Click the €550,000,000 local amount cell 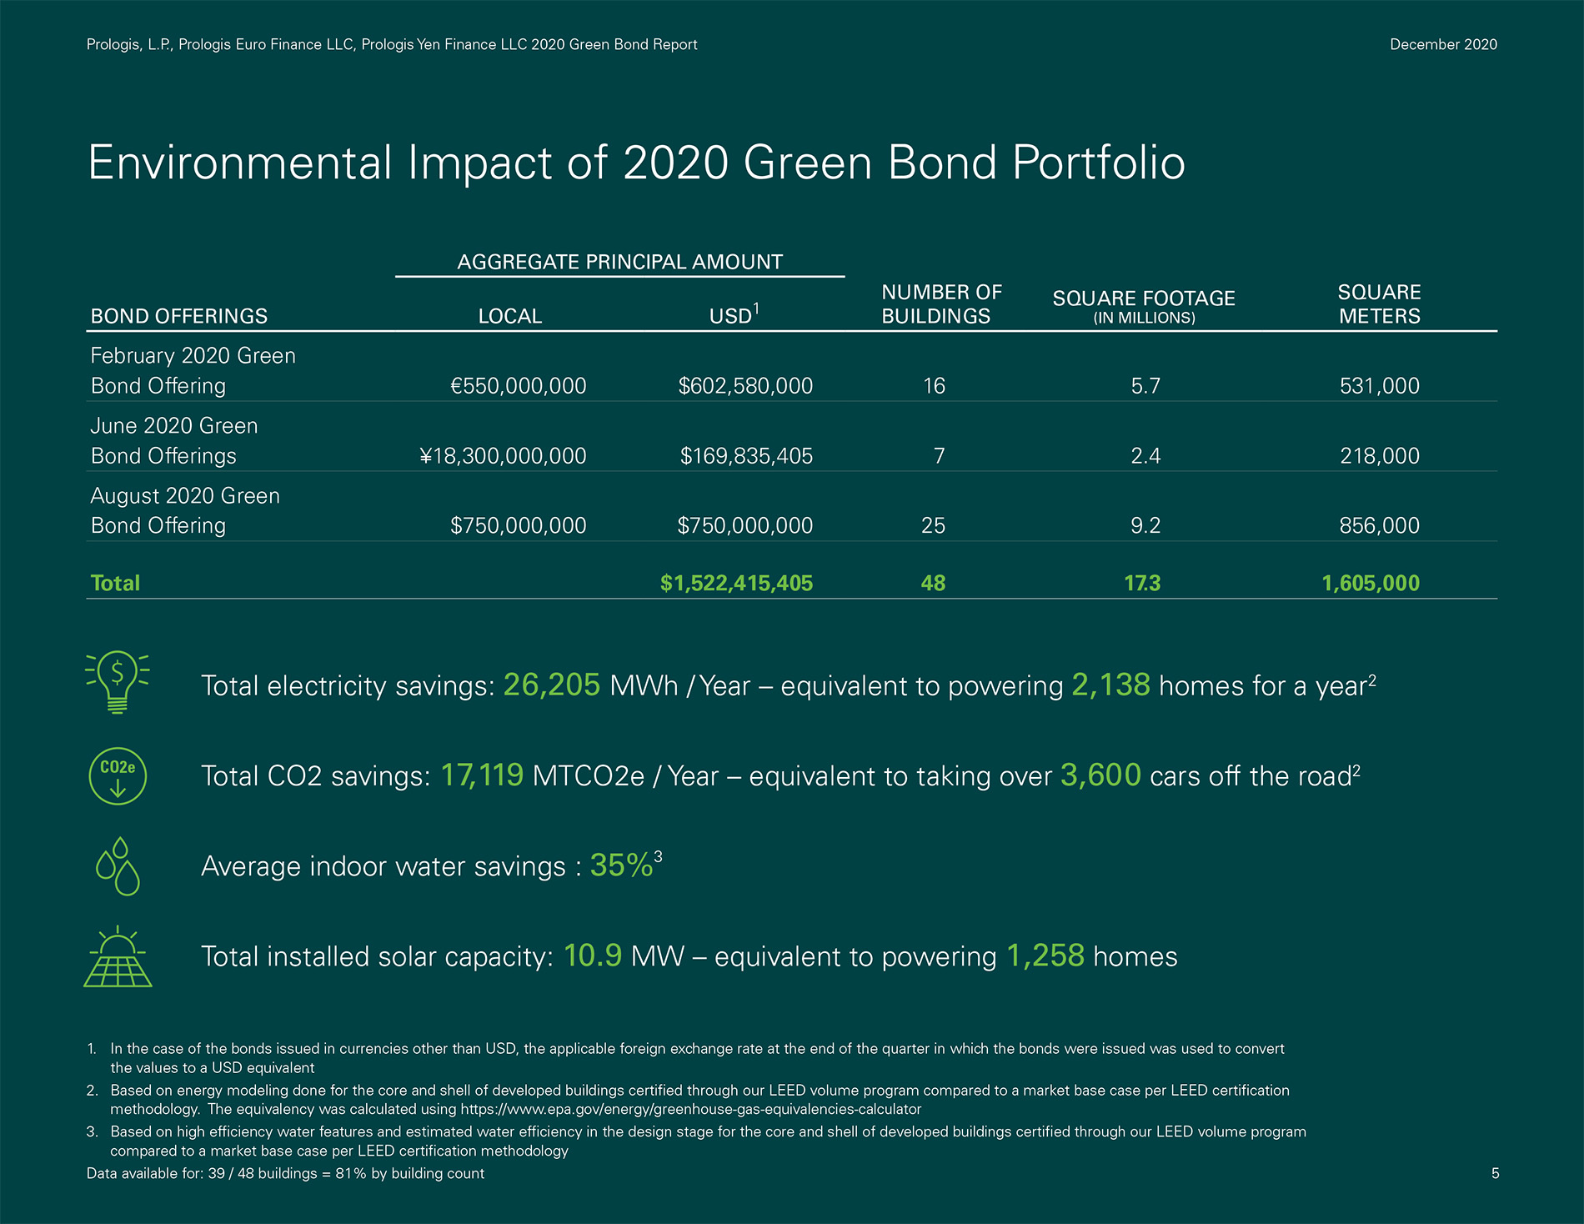click(518, 386)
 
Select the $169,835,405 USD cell click(746, 456)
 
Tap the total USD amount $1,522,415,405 click(736, 583)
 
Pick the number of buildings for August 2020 click(933, 525)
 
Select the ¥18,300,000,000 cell click(503, 456)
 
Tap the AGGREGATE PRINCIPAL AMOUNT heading click(619, 262)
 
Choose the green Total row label click(115, 583)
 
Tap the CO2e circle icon click(118, 775)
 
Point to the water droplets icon click(118, 866)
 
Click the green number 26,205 click(552, 685)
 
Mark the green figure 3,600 click(1100, 775)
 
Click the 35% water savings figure click(621, 865)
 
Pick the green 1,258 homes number click(1045, 956)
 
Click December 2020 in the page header click(1443, 45)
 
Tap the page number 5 click(1495, 1174)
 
